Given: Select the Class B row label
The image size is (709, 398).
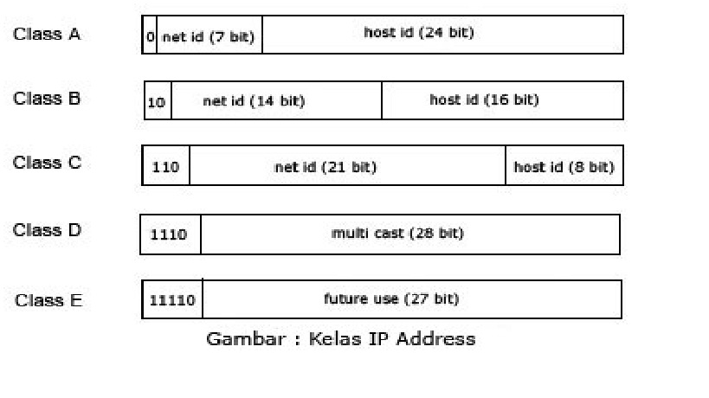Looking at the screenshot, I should click(x=47, y=99).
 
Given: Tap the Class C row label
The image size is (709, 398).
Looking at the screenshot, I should click(x=47, y=163).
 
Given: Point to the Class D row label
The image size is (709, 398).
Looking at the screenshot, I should click(x=47, y=230).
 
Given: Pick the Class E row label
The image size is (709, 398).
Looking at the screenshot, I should click(x=48, y=300).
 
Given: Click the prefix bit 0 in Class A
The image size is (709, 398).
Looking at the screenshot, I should click(x=150, y=38).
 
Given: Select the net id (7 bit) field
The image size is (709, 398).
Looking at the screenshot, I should click(x=209, y=38).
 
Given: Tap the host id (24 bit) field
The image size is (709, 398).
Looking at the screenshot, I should click(x=419, y=33).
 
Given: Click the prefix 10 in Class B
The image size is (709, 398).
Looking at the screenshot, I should click(x=156, y=102).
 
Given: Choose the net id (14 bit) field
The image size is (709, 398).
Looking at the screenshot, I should click(x=254, y=101).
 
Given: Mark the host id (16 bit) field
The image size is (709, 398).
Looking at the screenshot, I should click(x=484, y=99).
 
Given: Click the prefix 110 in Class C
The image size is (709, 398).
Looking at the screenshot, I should click(x=165, y=167).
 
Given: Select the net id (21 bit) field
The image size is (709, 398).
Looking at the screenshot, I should click(x=325, y=167).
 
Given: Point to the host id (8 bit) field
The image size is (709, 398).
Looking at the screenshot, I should click(x=564, y=167).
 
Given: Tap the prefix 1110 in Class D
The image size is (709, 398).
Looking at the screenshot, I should click(x=169, y=234).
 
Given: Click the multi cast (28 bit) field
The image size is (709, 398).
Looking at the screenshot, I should click(x=397, y=233).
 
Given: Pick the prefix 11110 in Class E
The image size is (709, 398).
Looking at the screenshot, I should click(x=172, y=300).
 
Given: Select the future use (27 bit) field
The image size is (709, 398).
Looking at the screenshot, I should click(x=391, y=298).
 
